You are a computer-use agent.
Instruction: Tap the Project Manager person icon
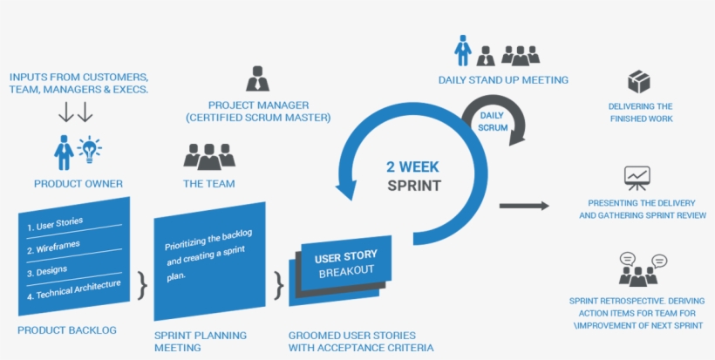[257, 79]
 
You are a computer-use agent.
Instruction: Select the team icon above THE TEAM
[209, 156]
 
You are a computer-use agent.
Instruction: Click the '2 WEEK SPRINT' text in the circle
[413, 175]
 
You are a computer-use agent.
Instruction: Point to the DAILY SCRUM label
[492, 121]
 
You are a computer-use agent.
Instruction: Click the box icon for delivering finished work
[638, 83]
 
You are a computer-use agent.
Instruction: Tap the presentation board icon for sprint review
[637, 179]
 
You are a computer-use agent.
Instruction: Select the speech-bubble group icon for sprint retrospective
[643, 269]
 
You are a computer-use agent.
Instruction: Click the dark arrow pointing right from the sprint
[524, 206]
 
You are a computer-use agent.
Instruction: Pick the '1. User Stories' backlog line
[56, 225]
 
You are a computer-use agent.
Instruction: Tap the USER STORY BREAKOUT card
[345, 263]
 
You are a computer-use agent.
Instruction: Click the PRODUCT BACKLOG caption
[66, 330]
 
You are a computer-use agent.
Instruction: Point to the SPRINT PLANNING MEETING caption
[200, 341]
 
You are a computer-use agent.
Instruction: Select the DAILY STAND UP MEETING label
[503, 80]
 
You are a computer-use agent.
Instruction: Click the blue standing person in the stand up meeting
[463, 51]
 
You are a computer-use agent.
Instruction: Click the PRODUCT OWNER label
[78, 184]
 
